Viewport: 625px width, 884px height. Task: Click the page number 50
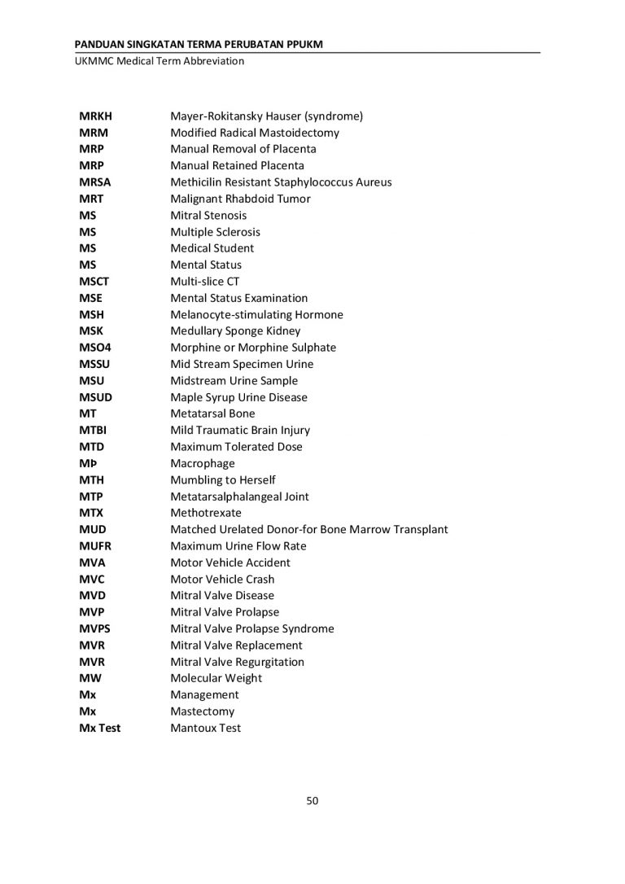(x=312, y=800)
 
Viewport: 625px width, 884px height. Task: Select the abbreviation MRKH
(x=95, y=116)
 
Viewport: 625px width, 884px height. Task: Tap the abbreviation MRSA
(x=94, y=182)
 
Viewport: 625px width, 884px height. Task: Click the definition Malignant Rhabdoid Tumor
(x=240, y=199)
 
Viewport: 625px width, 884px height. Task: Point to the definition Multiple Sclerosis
(x=215, y=232)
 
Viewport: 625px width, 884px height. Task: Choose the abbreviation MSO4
(x=95, y=348)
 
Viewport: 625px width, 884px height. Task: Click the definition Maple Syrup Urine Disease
(x=238, y=397)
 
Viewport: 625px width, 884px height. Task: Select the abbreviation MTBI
(x=93, y=430)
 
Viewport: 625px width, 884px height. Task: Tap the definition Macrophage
(x=202, y=463)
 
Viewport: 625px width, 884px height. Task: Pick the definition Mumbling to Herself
(x=222, y=479)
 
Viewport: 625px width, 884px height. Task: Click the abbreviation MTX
(x=91, y=513)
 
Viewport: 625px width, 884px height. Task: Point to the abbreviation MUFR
(x=94, y=546)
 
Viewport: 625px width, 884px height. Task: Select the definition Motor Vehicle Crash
(x=222, y=580)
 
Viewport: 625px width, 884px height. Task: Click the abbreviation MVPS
(x=94, y=628)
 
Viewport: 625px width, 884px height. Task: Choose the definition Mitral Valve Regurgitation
(x=237, y=662)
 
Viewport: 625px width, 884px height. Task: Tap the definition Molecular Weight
(x=216, y=678)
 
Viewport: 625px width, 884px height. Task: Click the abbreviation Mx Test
(x=99, y=728)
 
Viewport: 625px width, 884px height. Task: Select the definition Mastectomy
(x=202, y=711)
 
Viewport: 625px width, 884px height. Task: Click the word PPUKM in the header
(x=304, y=43)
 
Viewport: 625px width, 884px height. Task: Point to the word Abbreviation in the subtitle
(x=213, y=61)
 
